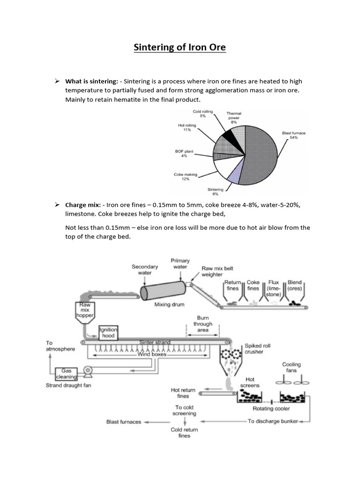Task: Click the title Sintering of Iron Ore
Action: click(180, 47)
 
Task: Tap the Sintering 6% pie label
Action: click(215, 192)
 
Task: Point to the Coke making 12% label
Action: click(186, 177)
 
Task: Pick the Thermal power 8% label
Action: click(234, 118)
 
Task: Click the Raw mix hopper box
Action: click(85, 310)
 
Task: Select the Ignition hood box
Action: click(108, 332)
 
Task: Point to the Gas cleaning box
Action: click(67, 373)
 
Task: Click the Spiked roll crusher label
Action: click(257, 349)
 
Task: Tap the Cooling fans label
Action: click(291, 367)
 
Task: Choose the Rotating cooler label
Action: click(271, 408)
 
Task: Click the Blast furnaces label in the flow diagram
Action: click(124, 421)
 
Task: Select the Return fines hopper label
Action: click(232, 285)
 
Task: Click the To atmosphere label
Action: click(60, 345)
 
